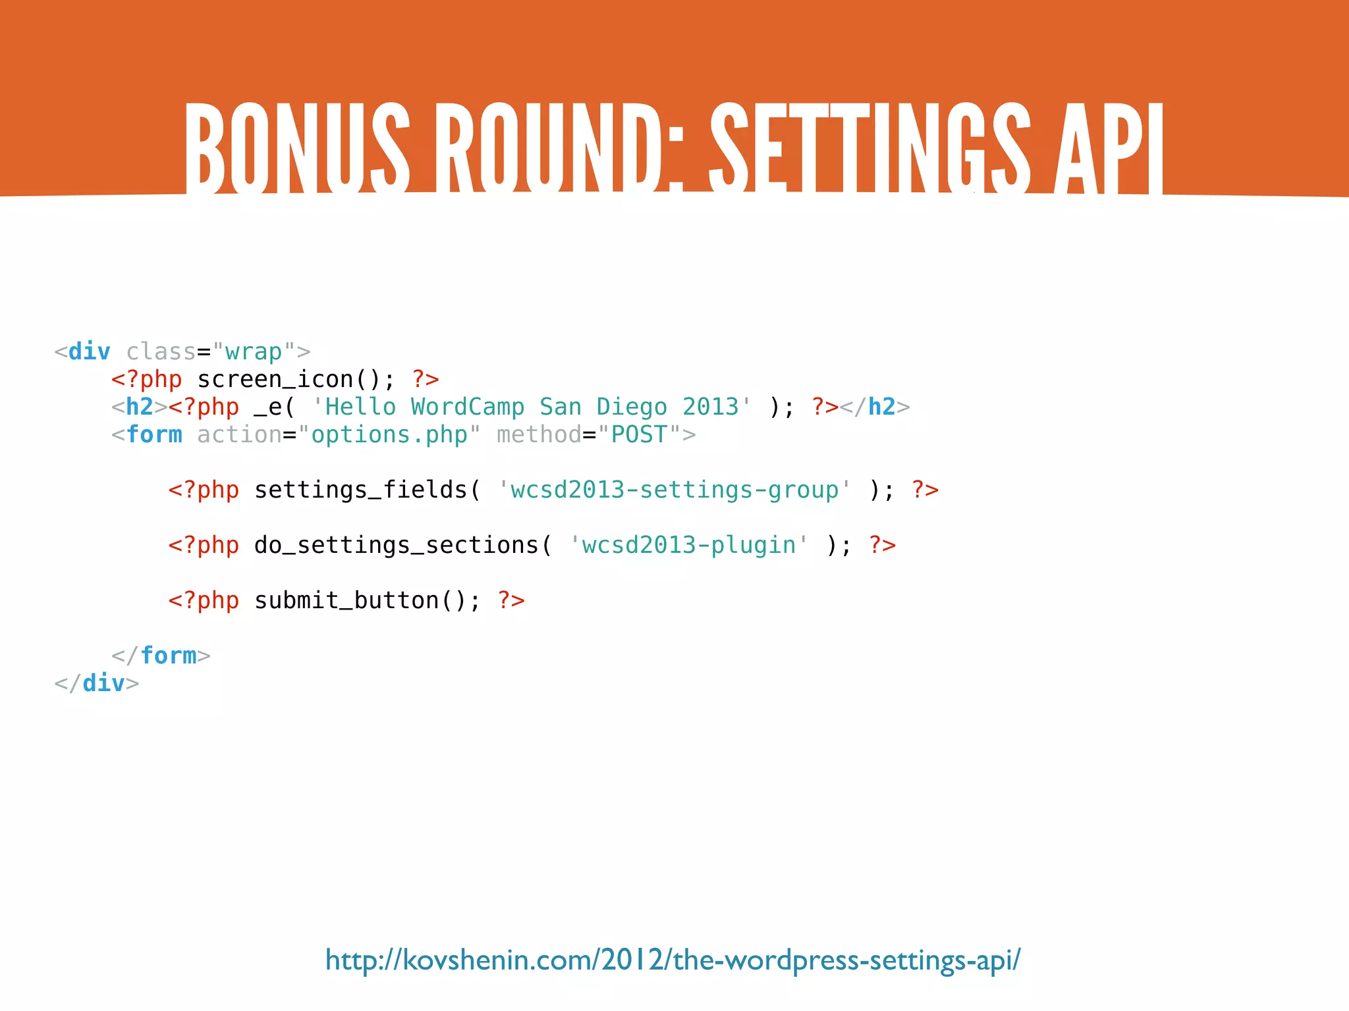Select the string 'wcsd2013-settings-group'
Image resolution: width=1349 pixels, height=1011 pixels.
point(674,490)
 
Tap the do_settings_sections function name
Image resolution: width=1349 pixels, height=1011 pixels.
point(396,546)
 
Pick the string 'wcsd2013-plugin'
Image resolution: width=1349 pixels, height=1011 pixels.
point(688,546)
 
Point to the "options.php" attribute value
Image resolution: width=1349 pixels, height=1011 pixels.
point(389,435)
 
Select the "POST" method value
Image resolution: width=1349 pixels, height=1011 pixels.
point(639,435)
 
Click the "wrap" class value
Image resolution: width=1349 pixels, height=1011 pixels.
point(254,352)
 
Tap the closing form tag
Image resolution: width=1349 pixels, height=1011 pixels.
point(161,656)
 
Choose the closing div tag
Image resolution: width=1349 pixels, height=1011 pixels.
point(97,684)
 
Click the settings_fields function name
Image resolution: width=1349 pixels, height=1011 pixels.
point(360,490)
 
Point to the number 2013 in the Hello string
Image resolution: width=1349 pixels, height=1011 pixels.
point(710,407)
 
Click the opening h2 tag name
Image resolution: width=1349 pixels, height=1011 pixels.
point(140,407)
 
